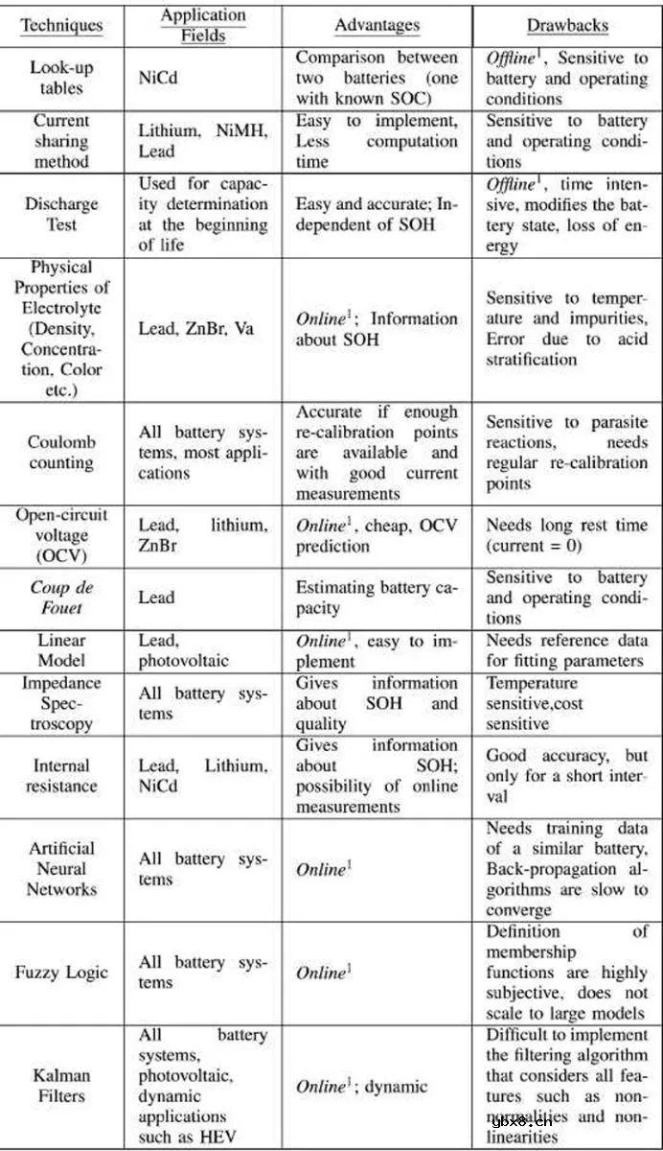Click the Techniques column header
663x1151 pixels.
pos(62,26)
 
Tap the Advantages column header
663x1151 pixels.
pos(376,26)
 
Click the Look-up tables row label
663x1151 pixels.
pos(62,79)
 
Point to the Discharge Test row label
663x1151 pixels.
pos(62,214)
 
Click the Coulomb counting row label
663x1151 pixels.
pos(62,452)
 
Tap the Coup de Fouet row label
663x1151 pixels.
pos(62,598)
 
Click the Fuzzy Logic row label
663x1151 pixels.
pos(62,972)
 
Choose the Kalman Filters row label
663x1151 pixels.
pos(62,1085)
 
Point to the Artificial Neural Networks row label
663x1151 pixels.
pos(62,869)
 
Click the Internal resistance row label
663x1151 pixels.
pos(62,776)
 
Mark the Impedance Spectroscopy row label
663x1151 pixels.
pos(62,703)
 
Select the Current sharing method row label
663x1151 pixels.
pos(62,141)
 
